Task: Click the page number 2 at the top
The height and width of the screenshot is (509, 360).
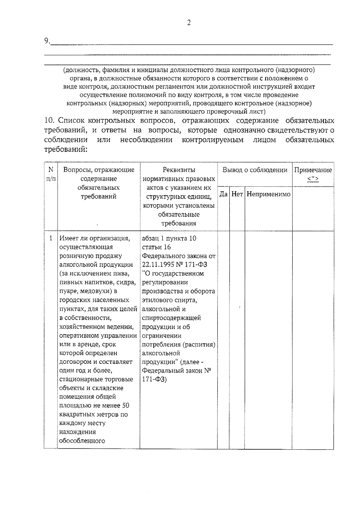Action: click(189, 23)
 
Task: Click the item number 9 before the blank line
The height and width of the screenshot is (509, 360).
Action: click(47, 41)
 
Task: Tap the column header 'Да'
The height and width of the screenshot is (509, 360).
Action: click(223, 194)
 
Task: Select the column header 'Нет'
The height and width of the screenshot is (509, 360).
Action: click(237, 194)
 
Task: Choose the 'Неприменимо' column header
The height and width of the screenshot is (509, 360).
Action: click(268, 194)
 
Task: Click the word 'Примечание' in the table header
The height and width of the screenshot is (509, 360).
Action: click(313, 170)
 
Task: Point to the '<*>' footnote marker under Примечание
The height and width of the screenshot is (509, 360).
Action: click(313, 179)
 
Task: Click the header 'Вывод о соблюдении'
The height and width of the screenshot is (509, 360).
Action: click(255, 170)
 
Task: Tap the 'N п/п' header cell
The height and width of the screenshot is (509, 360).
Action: click(51, 174)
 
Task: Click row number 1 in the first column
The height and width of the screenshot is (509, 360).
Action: click(51, 238)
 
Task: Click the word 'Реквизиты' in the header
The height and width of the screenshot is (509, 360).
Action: click(178, 170)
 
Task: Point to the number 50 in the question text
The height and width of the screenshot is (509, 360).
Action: click(126, 406)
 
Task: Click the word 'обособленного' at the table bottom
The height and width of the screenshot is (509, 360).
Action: click(82, 441)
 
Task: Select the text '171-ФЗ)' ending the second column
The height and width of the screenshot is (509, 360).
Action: click(154, 379)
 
